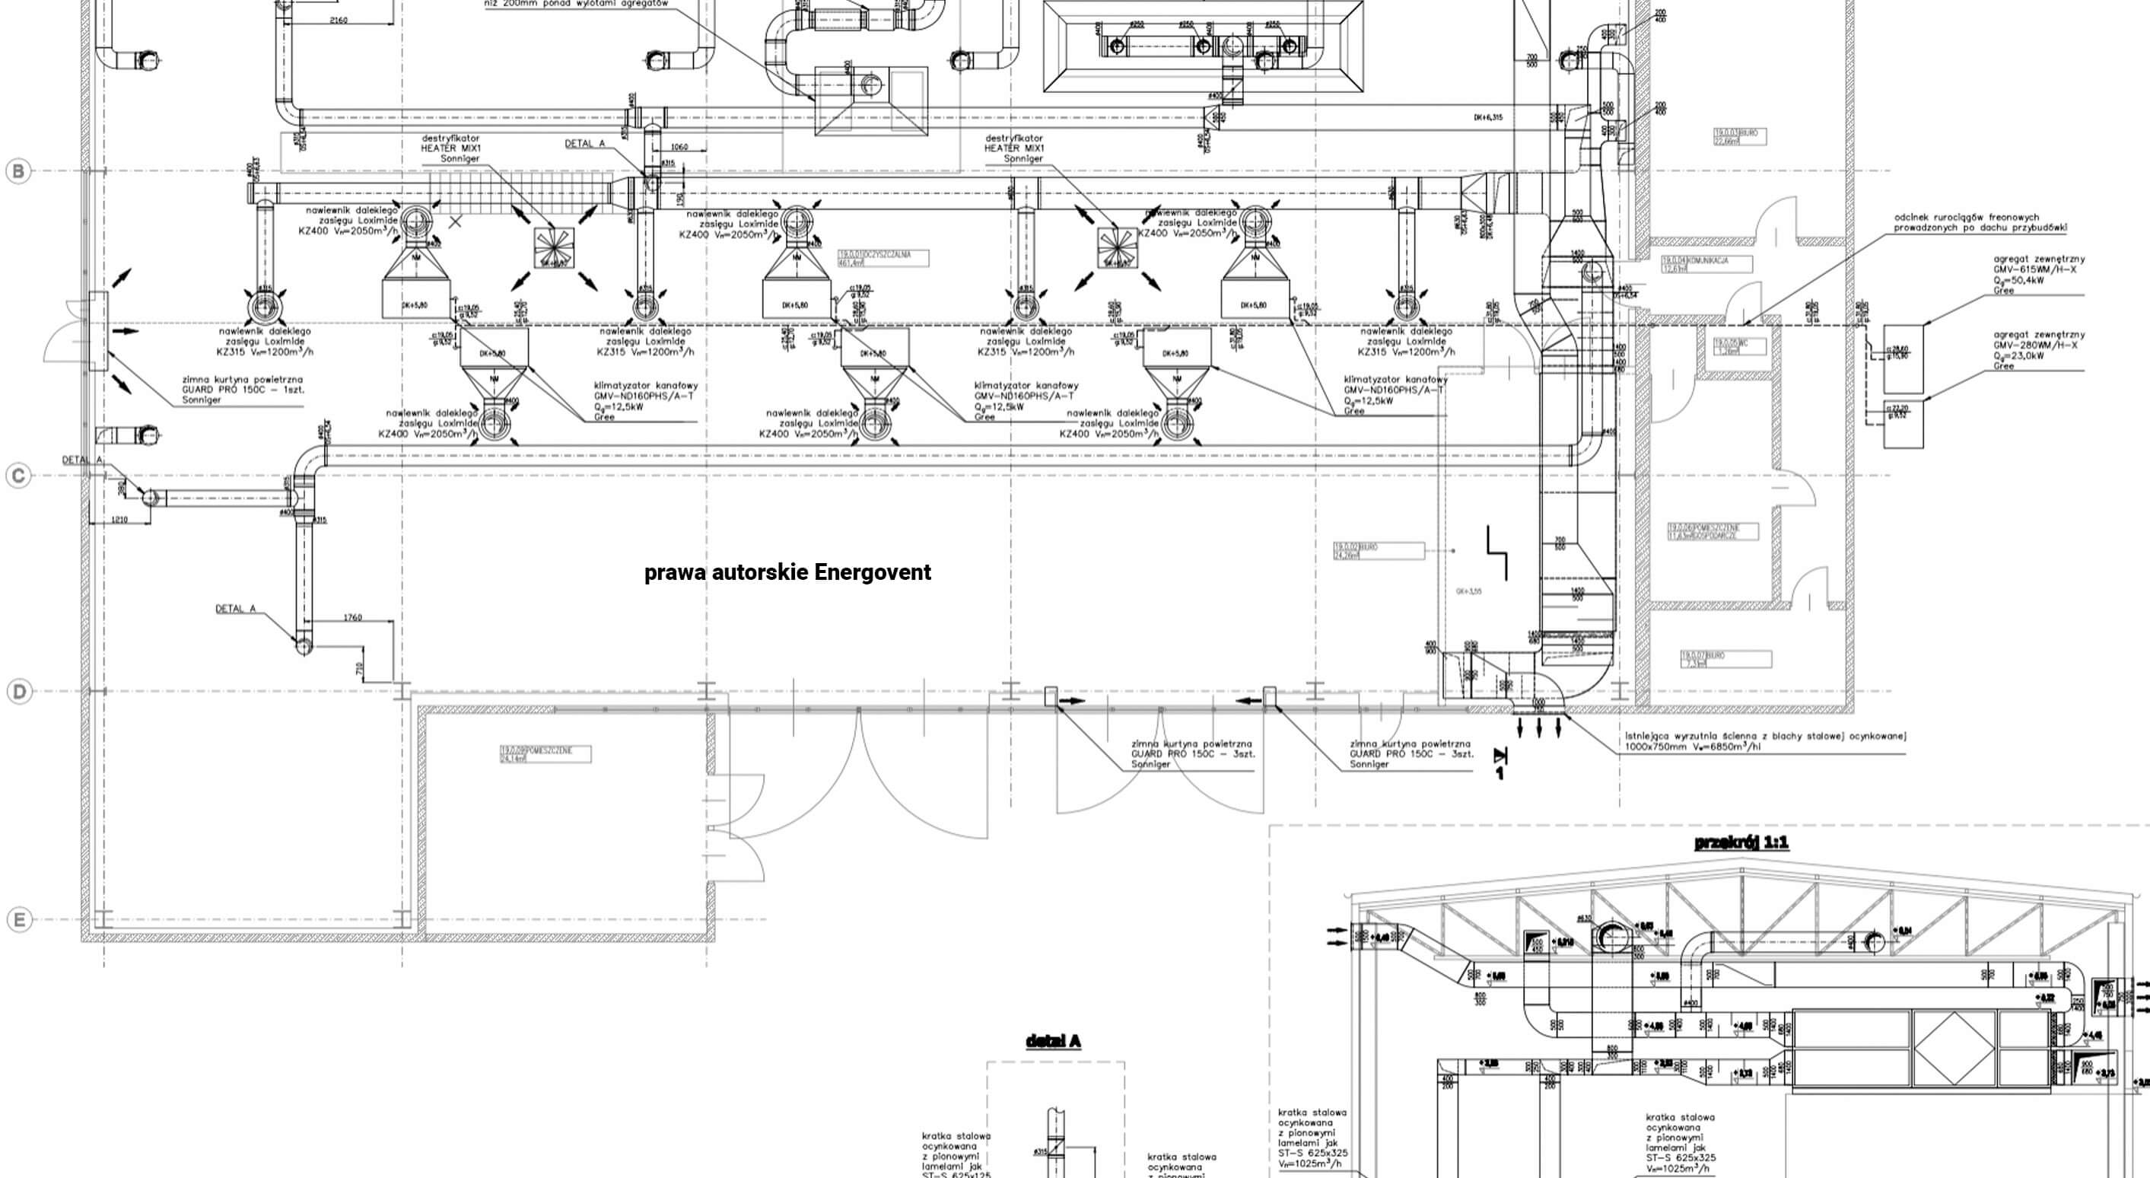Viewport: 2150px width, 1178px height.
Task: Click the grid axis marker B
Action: [18, 171]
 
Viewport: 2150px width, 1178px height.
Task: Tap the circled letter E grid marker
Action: [18, 919]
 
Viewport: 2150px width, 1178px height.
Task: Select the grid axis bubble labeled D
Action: [18, 691]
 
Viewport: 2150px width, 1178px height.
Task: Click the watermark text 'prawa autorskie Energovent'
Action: [787, 573]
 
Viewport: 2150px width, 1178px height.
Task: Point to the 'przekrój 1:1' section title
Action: [1741, 842]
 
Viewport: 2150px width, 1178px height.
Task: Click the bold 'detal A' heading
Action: [1052, 1041]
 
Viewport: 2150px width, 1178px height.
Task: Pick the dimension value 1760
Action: [352, 618]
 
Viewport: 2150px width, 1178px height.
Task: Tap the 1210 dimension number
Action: [120, 520]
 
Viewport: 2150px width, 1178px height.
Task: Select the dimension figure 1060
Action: [679, 147]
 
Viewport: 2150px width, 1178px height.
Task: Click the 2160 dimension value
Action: [339, 20]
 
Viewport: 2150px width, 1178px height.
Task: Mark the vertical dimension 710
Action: [360, 669]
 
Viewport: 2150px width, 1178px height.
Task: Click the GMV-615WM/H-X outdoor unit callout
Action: [2035, 269]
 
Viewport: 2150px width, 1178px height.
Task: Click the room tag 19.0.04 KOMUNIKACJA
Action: [1706, 264]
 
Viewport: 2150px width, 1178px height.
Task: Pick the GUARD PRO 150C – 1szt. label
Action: [243, 390]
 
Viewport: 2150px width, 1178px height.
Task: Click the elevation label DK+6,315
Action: [1487, 118]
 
